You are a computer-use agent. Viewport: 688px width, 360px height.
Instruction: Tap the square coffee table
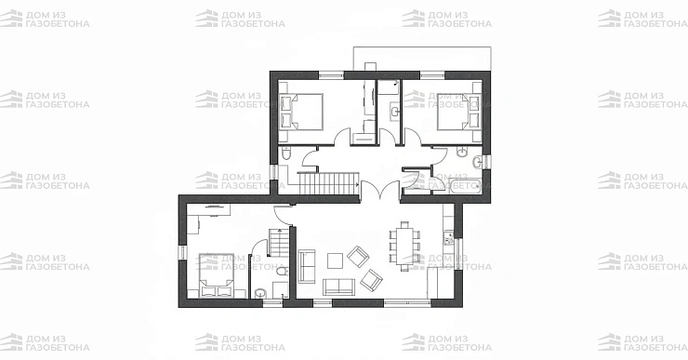336,261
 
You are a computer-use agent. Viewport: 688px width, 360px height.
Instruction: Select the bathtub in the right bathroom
465,185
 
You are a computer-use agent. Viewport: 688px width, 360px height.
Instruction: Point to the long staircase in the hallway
328,183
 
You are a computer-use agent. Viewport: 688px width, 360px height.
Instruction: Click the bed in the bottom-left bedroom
216,275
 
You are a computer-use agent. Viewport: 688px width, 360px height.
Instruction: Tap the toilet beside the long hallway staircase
285,154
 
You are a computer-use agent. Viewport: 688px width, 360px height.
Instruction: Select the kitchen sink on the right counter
448,240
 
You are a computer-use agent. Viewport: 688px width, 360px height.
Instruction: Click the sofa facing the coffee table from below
338,287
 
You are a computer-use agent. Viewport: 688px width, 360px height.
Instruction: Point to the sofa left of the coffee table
307,266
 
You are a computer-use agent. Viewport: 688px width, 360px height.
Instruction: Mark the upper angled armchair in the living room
358,256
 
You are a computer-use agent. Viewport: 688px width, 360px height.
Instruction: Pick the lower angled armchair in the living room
371,280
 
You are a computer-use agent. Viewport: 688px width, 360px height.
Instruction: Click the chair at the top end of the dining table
404,224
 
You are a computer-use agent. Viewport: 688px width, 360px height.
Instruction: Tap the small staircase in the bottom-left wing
278,243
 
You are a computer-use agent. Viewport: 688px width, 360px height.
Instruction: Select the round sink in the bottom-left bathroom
260,293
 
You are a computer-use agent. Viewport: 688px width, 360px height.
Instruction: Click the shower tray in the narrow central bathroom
389,87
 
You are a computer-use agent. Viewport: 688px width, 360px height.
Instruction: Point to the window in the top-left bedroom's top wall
331,75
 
